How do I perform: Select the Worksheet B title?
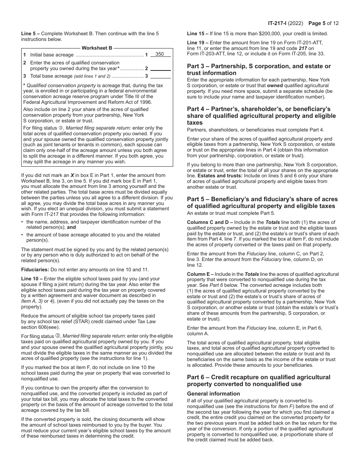(x=97, y=48)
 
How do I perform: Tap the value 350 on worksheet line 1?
(x=160, y=54)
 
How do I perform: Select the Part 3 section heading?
(x=259, y=69)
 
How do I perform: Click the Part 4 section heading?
(x=261, y=116)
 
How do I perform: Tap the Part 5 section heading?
(x=262, y=202)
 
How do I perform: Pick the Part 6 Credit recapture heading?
(x=258, y=380)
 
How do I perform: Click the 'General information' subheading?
(x=213, y=394)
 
